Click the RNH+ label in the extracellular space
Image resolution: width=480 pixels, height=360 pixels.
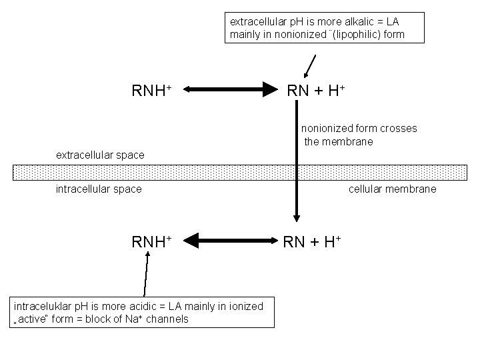(153, 89)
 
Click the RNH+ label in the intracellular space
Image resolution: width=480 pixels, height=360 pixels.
(153, 241)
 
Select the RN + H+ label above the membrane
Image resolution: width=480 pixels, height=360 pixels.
(315, 89)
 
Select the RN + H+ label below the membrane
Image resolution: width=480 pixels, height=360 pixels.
(312, 241)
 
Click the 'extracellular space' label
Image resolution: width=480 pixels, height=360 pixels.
(100, 155)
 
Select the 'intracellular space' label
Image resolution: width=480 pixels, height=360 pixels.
(99, 189)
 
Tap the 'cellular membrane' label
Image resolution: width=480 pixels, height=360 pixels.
(393, 189)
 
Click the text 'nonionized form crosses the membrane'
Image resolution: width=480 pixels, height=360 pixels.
(358, 135)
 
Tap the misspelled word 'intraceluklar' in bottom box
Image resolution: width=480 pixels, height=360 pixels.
(41, 306)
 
